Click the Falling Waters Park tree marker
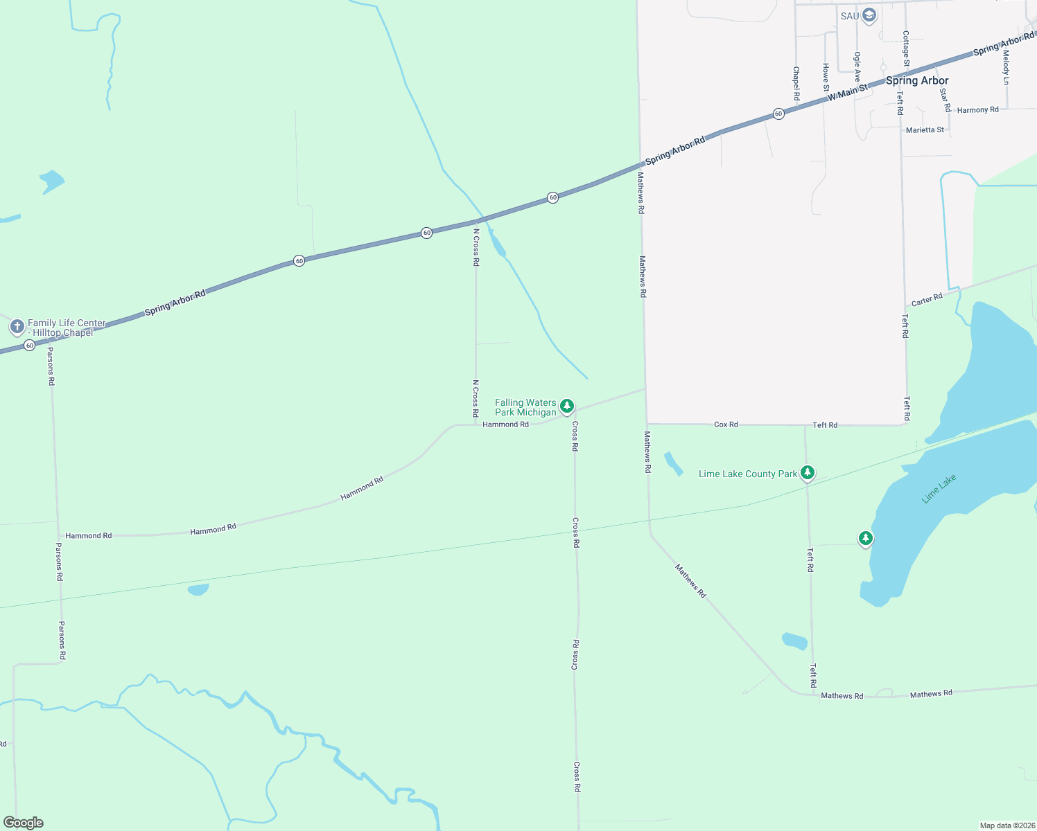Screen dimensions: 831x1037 567,406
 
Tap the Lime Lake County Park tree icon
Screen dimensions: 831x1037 807,473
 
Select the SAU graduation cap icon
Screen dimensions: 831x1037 869,15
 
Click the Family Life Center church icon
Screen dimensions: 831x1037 17,325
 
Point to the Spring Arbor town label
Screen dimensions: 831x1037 917,80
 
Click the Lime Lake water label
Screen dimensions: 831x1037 939,488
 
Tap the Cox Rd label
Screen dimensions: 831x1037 726,425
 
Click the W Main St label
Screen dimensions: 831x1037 847,92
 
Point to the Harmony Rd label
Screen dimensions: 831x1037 977,110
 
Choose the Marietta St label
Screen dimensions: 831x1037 925,130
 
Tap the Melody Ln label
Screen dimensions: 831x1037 1006,67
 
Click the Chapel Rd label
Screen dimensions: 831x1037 796,83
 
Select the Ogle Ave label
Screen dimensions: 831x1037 857,66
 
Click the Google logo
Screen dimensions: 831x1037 24,823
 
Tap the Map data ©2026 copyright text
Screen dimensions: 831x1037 1007,825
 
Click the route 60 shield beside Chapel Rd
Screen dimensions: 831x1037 778,114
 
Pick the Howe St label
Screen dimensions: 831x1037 826,77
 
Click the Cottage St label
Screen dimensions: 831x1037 906,48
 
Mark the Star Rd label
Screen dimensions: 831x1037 944,100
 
